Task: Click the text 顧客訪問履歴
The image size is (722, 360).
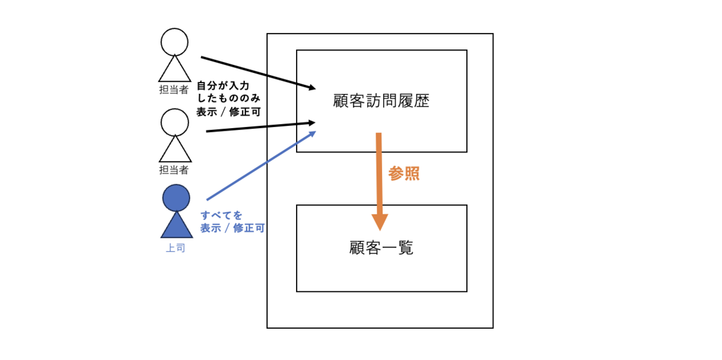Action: (x=381, y=101)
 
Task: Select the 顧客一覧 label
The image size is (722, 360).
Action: (x=381, y=247)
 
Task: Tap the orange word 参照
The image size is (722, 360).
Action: (x=403, y=174)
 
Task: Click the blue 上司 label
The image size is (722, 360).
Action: (x=175, y=247)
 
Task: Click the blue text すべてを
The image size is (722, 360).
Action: (x=222, y=214)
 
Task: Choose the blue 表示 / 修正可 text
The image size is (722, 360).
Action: (x=232, y=228)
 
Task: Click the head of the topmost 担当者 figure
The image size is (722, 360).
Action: (x=174, y=42)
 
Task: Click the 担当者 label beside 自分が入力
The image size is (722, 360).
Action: (x=174, y=90)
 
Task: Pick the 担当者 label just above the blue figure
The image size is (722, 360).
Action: (x=174, y=170)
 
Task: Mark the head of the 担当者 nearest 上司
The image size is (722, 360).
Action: (x=174, y=122)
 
